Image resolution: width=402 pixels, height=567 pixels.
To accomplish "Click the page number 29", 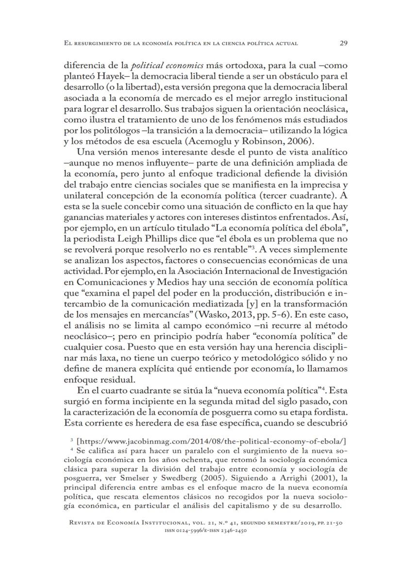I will coord(342,43).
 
